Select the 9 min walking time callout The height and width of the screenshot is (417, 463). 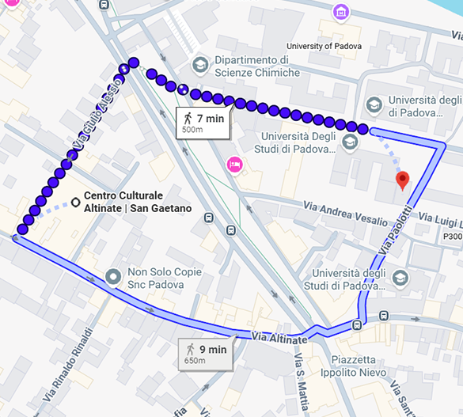(206, 352)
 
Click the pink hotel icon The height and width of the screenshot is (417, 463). (234, 165)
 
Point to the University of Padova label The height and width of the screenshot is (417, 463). (324, 46)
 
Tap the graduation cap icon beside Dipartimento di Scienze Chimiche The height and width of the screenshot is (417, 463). (200, 63)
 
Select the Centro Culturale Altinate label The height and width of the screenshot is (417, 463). (138, 202)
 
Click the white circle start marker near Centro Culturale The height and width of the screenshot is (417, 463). (75, 203)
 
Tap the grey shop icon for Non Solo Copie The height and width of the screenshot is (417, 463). (112, 277)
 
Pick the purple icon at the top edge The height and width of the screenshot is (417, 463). (340, 11)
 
